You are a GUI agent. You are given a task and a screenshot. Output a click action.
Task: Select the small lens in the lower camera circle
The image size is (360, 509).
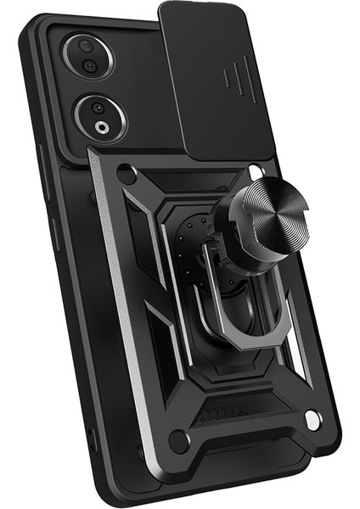pyautogui.click(x=98, y=109)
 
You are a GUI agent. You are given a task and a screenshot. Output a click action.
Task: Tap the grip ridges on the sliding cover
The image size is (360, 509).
pyautogui.click(x=233, y=81)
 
